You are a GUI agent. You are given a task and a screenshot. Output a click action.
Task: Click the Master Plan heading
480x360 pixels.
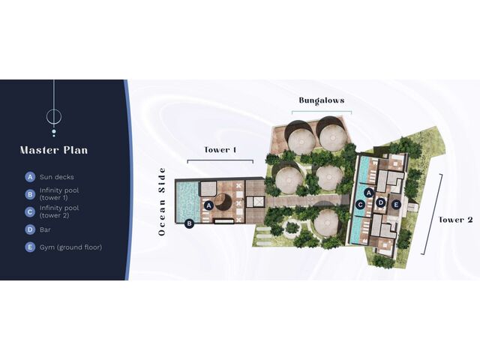54,150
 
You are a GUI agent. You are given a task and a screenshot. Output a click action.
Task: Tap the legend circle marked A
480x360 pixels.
30,177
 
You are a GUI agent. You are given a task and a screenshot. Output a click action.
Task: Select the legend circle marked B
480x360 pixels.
30,194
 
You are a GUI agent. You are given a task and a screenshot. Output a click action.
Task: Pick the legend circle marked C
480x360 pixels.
30,211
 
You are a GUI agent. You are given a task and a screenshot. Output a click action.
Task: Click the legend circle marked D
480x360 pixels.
30,229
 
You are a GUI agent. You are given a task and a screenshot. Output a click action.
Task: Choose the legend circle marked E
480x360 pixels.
30,247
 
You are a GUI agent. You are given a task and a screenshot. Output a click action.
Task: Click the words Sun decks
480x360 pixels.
57,177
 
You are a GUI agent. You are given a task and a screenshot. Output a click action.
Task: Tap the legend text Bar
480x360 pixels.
45,229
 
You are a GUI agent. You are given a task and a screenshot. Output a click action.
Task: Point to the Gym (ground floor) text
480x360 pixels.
70,247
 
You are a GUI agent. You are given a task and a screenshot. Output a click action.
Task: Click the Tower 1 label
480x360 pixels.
220,150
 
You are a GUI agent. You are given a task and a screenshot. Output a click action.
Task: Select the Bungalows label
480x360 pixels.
322,100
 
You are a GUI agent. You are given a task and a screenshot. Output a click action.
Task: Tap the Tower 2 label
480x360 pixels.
456,220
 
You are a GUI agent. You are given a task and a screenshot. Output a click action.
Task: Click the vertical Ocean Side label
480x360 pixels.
162,202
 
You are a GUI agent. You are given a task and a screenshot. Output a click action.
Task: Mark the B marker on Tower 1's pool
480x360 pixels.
190,223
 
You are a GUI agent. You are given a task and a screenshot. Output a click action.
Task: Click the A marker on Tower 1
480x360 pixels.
208,205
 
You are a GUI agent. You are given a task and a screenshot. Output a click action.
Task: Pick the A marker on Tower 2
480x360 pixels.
369,193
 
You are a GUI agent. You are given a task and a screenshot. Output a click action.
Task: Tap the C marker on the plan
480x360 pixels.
360,205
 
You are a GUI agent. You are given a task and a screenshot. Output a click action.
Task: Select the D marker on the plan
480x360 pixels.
381,202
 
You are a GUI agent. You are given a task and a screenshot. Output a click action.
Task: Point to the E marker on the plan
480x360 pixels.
396,205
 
